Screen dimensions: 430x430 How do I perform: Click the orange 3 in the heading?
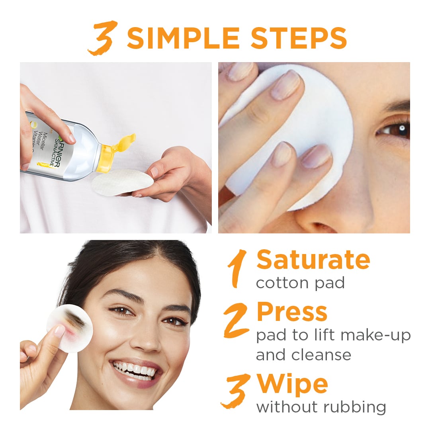pos(103,39)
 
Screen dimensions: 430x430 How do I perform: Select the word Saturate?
pos(313,260)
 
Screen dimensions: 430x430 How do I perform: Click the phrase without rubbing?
pos(321,407)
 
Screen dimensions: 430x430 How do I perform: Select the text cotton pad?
pos(300,283)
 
